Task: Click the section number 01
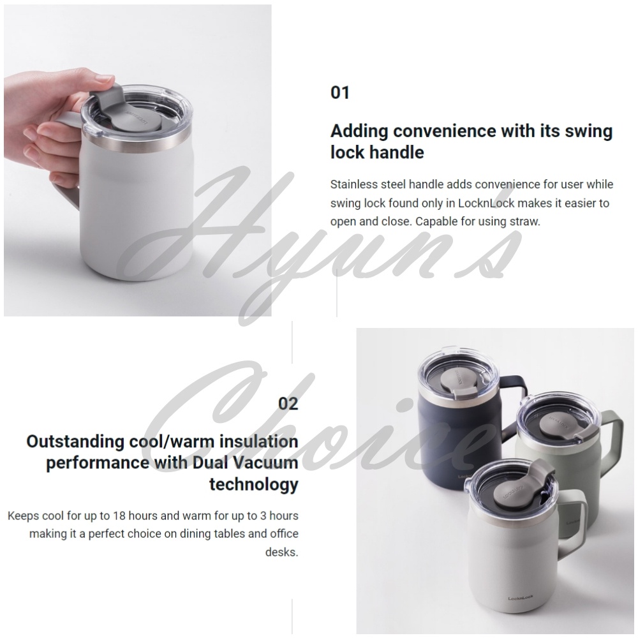(x=340, y=93)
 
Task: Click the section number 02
(x=288, y=403)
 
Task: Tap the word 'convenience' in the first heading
(x=445, y=131)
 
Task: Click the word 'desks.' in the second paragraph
(x=281, y=552)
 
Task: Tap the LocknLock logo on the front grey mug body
(x=521, y=598)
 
